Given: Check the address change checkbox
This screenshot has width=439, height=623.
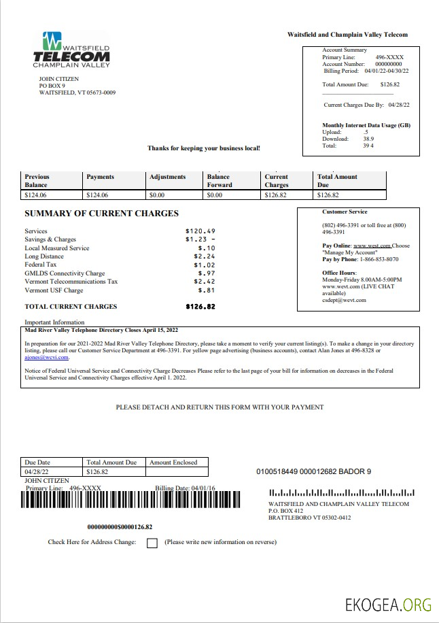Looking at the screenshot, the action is [x=152, y=543].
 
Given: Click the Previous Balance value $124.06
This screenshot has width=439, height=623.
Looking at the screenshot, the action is [x=37, y=195].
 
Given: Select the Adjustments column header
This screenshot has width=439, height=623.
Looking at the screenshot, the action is [x=167, y=177].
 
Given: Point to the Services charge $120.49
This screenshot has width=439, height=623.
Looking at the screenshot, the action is [x=200, y=231].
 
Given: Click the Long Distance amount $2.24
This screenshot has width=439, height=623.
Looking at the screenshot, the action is [x=205, y=256].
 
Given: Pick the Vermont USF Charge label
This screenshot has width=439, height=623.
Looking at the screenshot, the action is [x=54, y=290].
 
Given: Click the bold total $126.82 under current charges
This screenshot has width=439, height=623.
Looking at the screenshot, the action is [x=200, y=307].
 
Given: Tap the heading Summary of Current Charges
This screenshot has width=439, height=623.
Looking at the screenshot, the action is [x=101, y=214].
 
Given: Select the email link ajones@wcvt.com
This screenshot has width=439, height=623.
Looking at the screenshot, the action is [x=46, y=357].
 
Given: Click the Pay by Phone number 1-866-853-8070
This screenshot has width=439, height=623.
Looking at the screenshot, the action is [x=379, y=259].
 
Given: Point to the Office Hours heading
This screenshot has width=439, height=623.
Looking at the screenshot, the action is [x=340, y=273].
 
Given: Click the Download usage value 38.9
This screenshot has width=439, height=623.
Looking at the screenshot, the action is [x=368, y=139].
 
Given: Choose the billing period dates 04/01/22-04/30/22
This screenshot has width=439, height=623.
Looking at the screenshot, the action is [x=391, y=71].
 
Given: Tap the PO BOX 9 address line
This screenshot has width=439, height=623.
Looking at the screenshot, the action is [x=52, y=86].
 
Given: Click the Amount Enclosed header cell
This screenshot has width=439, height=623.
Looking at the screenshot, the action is [x=173, y=462].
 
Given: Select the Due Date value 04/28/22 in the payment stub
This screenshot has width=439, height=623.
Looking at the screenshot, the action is [x=37, y=471].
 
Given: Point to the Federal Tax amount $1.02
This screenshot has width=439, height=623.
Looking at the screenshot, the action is [x=205, y=265].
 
